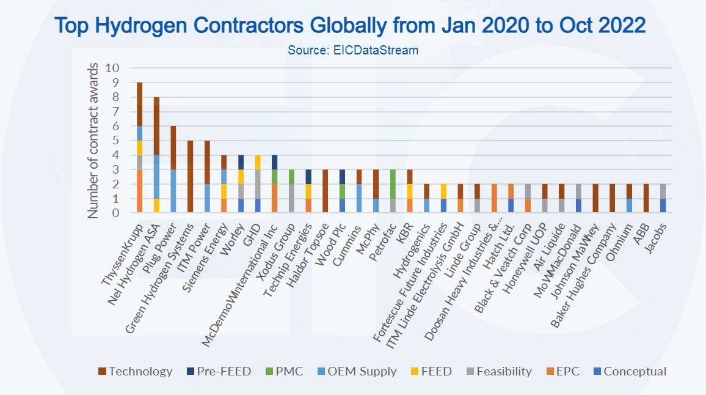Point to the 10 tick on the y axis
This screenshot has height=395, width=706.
pos(113,68)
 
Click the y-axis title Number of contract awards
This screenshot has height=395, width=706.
pos(93,140)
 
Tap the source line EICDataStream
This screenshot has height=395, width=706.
pos(353,51)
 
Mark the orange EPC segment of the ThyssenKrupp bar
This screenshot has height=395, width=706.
pos(140,191)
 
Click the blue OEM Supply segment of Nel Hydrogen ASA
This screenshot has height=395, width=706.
pos(157,177)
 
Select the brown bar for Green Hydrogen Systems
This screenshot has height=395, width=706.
pos(190,177)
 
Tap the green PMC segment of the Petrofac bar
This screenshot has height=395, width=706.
pos(393,183)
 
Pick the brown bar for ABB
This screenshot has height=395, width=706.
pos(646,198)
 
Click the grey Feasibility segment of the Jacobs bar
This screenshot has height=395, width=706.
pos(663,191)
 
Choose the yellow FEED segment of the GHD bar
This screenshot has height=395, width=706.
pos(257,162)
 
